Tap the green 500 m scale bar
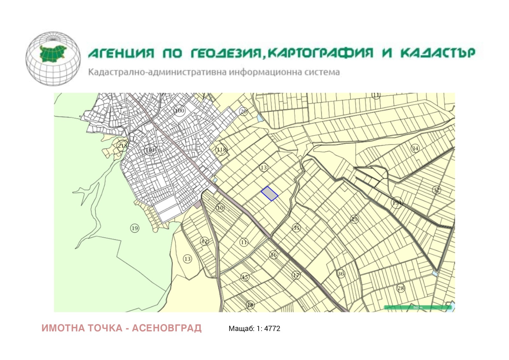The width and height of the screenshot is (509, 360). (x=418, y=307)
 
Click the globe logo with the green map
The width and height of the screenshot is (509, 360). (x=53, y=59)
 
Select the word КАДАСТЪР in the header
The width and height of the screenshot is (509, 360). (x=438, y=53)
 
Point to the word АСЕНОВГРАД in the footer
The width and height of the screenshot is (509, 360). (x=167, y=328)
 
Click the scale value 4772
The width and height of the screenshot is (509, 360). (x=272, y=329)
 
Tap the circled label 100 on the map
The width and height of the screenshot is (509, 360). (x=180, y=111)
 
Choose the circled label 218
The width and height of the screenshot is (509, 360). (x=122, y=146)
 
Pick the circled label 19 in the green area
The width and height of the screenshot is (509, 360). (x=135, y=228)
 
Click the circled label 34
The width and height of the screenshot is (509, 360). (x=415, y=149)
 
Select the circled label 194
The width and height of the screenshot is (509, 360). (x=397, y=203)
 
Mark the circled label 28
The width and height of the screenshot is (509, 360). (x=401, y=288)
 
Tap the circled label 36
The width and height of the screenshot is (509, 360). (x=341, y=274)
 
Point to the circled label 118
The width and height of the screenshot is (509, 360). (x=221, y=149)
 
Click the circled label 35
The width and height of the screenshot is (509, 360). (x=296, y=228)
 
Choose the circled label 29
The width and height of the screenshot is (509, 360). (x=354, y=219)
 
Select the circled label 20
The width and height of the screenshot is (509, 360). (x=244, y=112)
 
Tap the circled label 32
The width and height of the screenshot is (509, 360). (x=436, y=190)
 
